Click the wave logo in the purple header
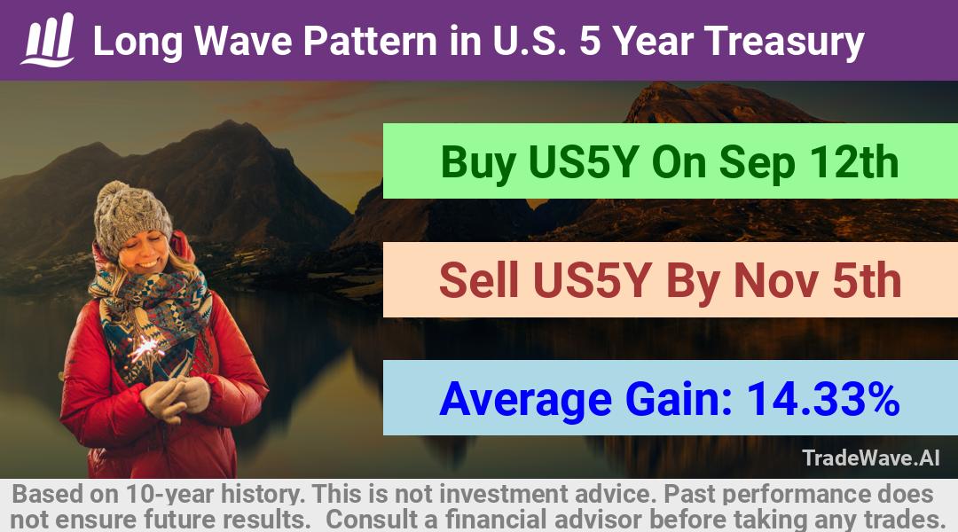[48, 40]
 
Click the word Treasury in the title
[784, 43]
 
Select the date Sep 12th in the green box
[809, 162]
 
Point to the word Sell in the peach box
[478, 280]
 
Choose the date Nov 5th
[818, 280]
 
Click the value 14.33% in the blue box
[823, 399]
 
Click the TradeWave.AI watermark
[871, 458]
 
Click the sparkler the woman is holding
[146, 348]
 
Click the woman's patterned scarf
[153, 317]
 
